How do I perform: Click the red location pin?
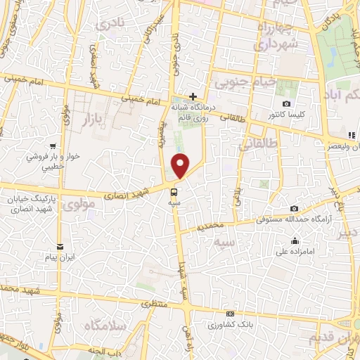(181, 165)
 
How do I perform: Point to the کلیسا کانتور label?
(285, 114)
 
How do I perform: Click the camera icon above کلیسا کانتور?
(285, 104)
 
